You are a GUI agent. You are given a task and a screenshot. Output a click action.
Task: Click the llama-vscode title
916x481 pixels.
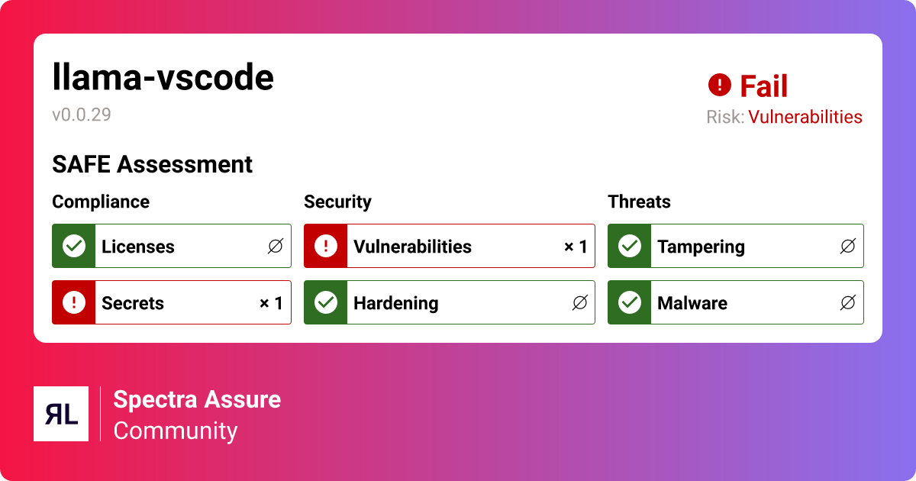[163, 77]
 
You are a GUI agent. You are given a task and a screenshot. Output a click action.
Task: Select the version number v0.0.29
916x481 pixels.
[82, 115]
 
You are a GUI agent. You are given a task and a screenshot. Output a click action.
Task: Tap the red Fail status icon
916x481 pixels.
[719, 85]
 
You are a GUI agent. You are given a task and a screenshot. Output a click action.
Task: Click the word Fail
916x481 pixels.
[763, 86]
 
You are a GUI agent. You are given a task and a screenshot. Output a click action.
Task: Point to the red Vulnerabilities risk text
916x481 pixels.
[805, 117]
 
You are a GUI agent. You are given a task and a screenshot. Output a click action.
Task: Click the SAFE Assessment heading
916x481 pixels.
[152, 164]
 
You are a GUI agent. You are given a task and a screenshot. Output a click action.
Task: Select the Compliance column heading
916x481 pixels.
[101, 202]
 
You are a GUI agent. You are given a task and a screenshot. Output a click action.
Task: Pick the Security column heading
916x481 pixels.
[337, 202]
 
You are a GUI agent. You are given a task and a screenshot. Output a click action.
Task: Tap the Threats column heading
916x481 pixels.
[639, 202]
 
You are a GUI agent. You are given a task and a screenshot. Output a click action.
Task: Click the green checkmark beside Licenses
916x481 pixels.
[74, 246]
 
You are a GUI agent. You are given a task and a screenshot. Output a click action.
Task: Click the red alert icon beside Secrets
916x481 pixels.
[74, 302]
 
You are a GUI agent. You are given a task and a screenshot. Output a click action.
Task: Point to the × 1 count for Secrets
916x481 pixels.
[271, 303]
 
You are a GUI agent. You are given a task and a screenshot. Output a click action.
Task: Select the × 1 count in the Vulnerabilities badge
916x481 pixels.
[576, 247]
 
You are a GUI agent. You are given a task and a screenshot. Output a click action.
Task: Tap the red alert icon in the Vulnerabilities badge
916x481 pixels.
[326, 246]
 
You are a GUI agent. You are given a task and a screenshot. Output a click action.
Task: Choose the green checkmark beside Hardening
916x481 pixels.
[326, 302]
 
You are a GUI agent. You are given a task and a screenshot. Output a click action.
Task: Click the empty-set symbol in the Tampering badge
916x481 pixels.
[847, 246]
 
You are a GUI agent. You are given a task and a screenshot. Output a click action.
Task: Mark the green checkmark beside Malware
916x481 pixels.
[630, 302]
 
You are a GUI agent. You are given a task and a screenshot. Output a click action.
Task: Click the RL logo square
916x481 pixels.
[61, 414]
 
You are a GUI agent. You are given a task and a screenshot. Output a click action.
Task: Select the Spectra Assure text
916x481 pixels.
[197, 399]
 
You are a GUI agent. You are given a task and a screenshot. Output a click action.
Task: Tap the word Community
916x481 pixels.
[176, 431]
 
